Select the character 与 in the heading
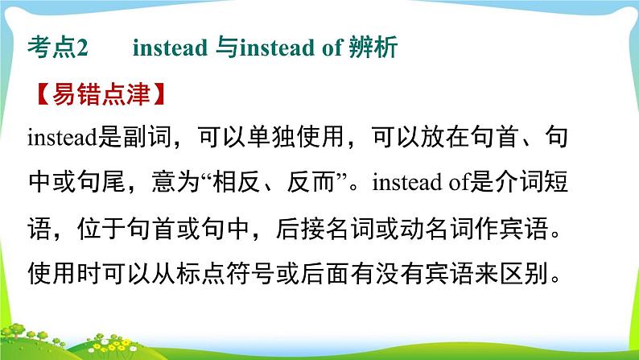pyautogui.click(x=226, y=50)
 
